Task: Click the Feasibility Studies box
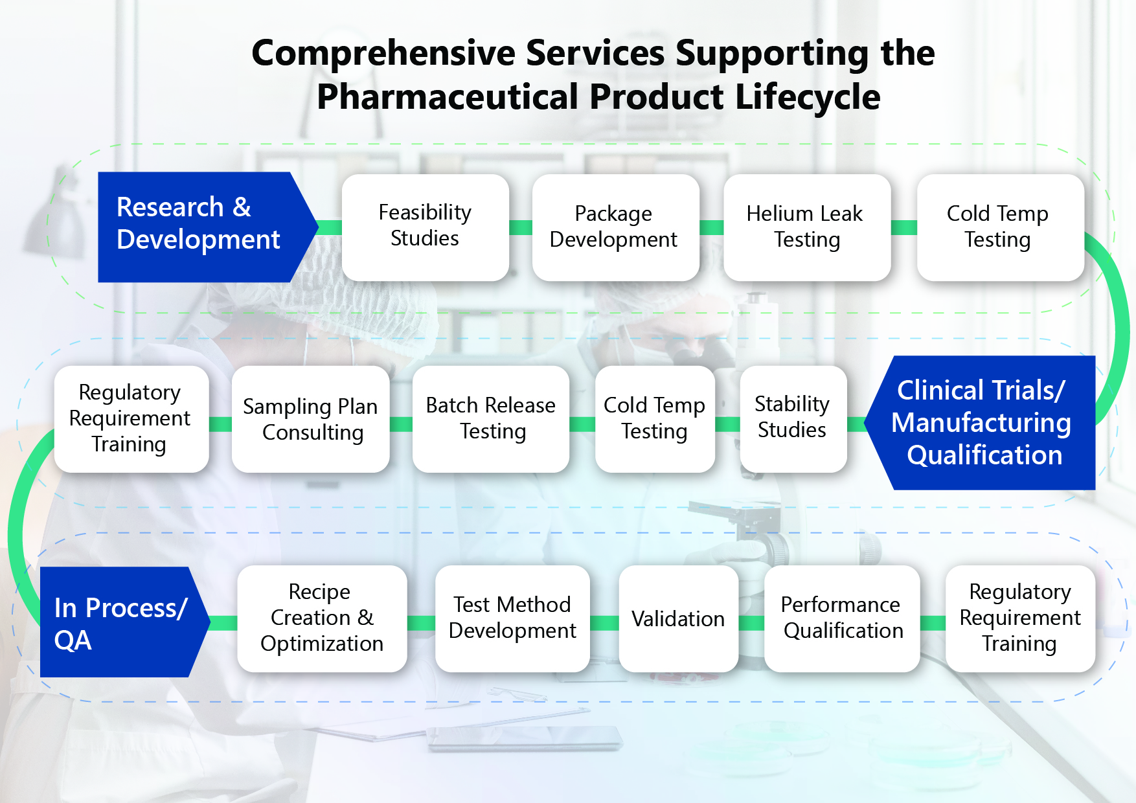425,227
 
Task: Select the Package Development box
615,227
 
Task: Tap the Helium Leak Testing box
807,227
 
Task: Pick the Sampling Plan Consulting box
311,419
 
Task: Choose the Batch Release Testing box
491,419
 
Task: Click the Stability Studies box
793,419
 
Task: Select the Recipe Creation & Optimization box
322,618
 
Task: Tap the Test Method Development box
512,618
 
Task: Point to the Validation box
679,618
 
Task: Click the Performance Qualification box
842,618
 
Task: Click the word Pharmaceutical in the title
448,97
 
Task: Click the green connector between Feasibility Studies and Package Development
521,227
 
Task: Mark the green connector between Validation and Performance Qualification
751,623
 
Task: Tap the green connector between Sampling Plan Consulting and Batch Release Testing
401,424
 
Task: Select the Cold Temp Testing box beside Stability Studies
655,419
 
